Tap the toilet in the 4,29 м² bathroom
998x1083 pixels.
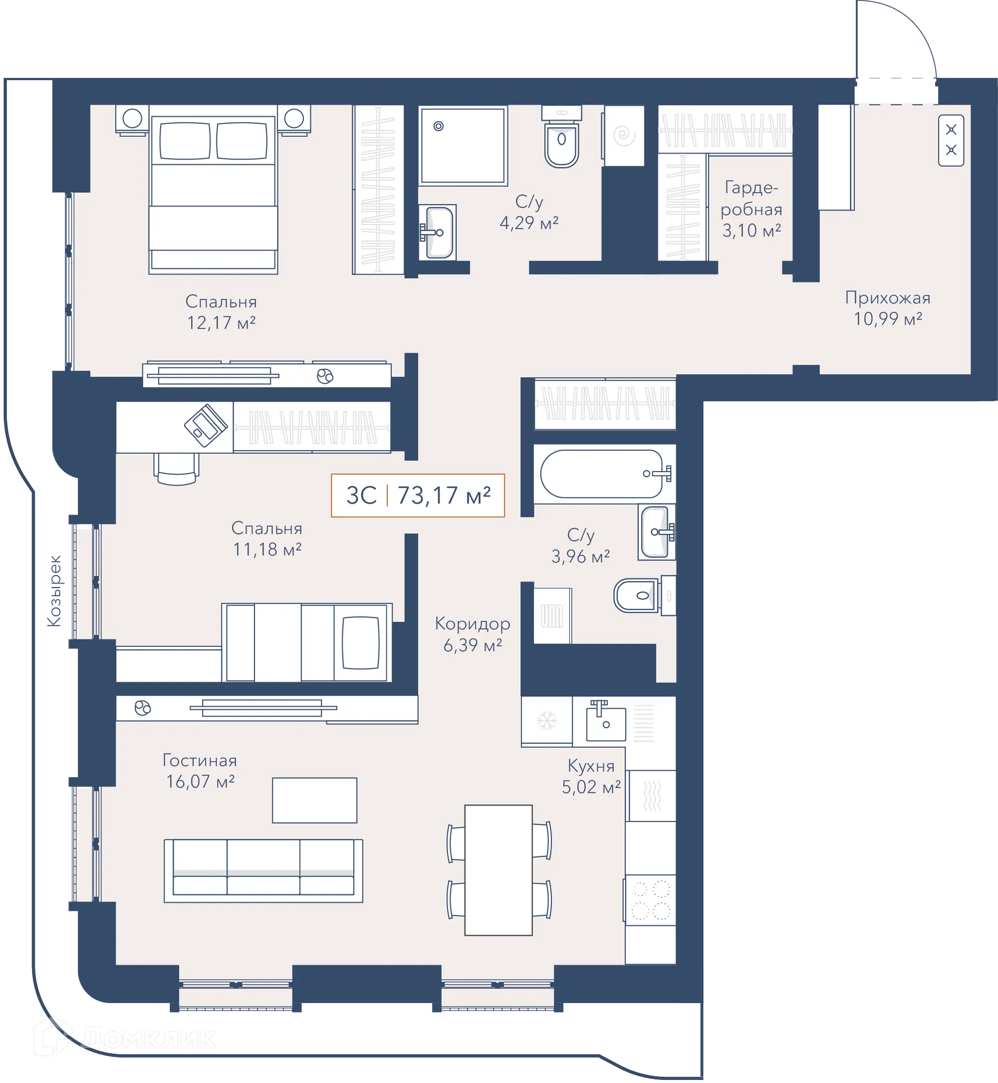pos(562,137)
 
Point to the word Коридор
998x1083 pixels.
pos(472,624)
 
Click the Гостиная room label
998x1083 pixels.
pos(200,761)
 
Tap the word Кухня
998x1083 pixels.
pos(591,766)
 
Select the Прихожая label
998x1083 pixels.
pos(888,297)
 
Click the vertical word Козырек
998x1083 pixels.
pos(54,591)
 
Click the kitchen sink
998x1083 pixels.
pos(606,721)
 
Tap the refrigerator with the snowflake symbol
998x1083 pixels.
pos(546,721)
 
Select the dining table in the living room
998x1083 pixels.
pos(498,870)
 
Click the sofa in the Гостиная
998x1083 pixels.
pos(264,871)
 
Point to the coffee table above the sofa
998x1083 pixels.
pos(314,801)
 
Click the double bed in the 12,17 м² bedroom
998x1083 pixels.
pos(213,189)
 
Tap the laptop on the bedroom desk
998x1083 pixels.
pos(206,426)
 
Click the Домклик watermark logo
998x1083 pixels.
pos(125,1038)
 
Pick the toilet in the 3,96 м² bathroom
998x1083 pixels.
pos(637,596)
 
